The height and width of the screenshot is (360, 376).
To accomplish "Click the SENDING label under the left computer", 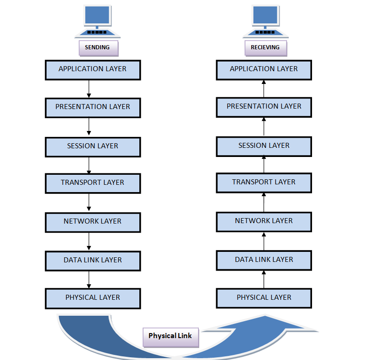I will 97,47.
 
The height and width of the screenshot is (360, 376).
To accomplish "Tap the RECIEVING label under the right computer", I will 265,47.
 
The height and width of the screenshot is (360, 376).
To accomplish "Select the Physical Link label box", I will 170,336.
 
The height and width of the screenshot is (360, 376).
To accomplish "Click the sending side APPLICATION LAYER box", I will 92,69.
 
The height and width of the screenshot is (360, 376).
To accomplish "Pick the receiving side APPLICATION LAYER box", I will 264,69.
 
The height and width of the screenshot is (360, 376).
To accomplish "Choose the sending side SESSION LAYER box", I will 92,146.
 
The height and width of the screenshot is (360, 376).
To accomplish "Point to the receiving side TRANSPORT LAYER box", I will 264,182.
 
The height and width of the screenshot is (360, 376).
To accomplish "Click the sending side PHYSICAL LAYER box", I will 92,297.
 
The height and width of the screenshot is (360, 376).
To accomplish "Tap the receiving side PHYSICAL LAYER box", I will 264,297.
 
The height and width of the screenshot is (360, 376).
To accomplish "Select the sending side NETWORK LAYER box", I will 92,221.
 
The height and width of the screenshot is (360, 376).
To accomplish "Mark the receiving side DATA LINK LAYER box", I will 264,260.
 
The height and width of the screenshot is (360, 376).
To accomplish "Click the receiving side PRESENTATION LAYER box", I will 264,107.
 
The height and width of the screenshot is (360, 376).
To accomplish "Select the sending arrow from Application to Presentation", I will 89,89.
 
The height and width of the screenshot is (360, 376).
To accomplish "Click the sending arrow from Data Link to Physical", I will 89,279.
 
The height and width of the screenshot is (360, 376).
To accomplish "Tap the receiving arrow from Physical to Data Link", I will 264,279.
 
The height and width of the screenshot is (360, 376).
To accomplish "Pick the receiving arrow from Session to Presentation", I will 264,126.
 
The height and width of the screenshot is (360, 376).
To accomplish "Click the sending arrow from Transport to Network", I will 89,202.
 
